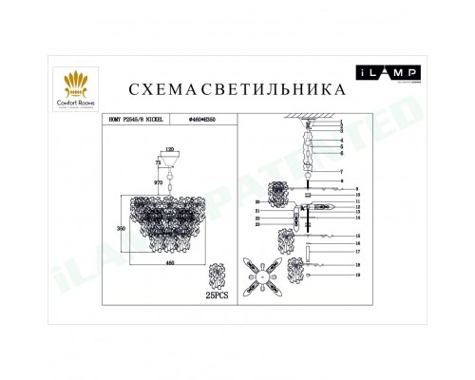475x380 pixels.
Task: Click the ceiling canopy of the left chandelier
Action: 169,162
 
